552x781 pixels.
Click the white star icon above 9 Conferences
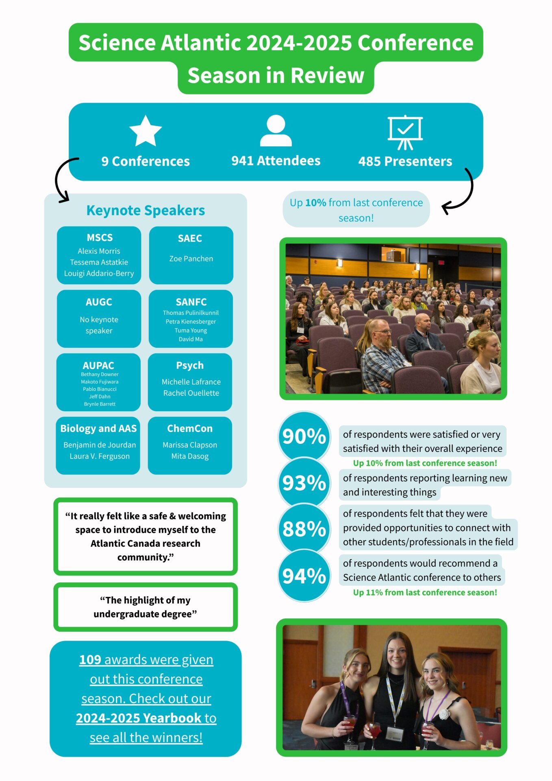146,131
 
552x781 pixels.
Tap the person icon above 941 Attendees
276,131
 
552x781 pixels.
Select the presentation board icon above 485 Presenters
405,132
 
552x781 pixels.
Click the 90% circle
304,436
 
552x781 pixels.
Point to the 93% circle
304,483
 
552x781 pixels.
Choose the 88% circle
304,529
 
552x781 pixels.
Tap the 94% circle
304,576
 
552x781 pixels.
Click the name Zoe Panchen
191,259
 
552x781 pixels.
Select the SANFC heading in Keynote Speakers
191,302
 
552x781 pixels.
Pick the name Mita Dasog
190,456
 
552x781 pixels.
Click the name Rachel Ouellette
191,393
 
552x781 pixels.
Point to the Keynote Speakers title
146,210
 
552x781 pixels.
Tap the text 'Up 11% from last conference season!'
425,592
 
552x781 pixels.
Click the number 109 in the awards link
90,659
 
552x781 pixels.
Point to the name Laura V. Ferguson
100,456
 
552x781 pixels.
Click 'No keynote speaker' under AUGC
99,325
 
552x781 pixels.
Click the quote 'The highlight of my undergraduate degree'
145,607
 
